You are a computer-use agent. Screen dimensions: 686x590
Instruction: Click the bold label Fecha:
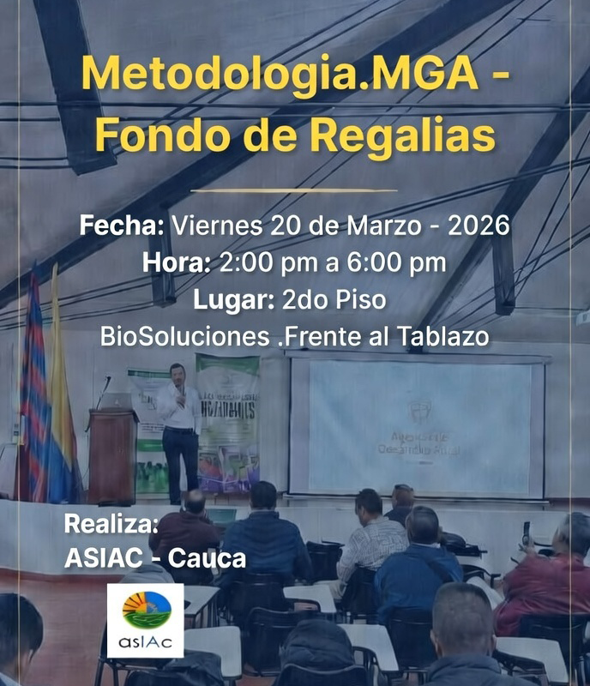[121, 226]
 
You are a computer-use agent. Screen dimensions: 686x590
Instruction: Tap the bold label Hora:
[176, 263]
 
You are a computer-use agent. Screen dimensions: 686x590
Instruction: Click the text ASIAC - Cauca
[155, 558]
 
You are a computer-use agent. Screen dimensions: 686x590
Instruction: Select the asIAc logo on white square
[145, 620]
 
